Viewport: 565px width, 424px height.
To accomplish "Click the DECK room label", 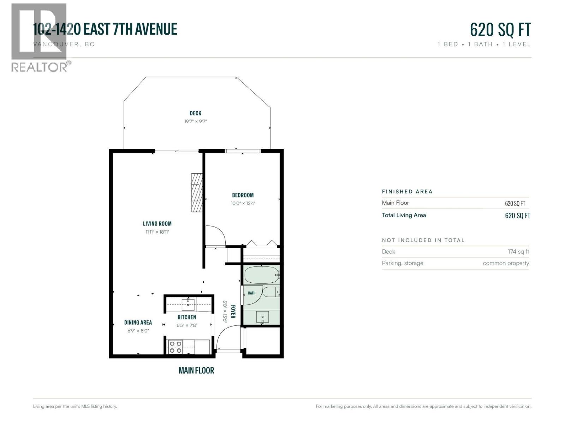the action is point(195,113).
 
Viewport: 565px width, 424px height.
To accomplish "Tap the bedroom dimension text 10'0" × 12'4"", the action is point(243,203).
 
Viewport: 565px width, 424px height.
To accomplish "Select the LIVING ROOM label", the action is point(157,224).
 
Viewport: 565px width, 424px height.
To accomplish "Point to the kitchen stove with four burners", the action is point(175,347).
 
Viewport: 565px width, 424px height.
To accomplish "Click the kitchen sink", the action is point(188,304).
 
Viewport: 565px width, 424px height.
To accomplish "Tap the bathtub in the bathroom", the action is point(262,275).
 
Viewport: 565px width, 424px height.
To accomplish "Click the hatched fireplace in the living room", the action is point(197,193).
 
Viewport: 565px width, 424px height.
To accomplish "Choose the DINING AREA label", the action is point(138,323).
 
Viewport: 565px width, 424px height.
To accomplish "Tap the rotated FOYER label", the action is point(233,312).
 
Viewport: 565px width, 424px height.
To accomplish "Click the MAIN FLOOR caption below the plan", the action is point(196,370).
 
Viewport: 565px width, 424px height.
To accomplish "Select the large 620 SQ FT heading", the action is point(500,30).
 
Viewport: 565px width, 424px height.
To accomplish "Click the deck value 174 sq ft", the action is point(518,252).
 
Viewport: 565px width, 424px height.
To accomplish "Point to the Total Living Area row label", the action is point(404,215).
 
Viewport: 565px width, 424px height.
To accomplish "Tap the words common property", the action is point(506,263).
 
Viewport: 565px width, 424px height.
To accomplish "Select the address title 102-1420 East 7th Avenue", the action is point(105,29).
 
